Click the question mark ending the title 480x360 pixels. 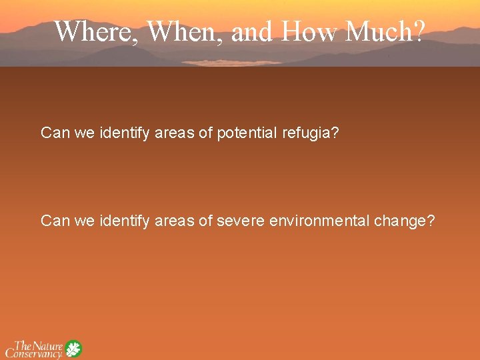click(x=417, y=31)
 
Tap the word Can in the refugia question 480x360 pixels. click(x=55, y=133)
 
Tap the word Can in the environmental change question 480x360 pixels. click(x=55, y=220)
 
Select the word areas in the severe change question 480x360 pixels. click(x=175, y=220)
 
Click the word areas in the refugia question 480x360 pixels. click(x=175, y=133)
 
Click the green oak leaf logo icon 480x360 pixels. click(x=73, y=349)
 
